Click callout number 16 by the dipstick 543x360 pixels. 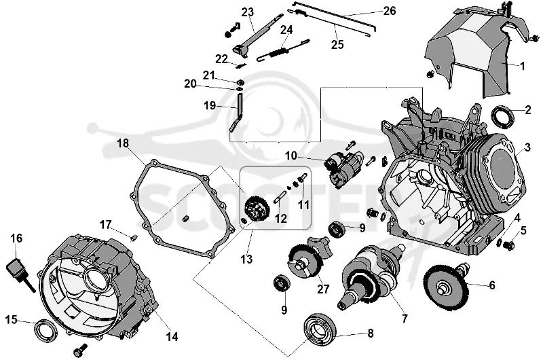coord(16,238)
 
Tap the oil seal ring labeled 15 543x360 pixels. coord(44,331)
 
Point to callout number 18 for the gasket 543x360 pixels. coord(123,143)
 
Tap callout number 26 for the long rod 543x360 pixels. coord(389,11)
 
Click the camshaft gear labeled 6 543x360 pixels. coord(447,287)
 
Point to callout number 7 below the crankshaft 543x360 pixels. coord(405,319)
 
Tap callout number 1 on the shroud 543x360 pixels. coord(523,66)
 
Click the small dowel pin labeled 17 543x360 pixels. coord(134,237)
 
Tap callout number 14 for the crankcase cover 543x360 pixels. coord(172,336)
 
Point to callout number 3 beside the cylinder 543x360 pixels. coord(527,147)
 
